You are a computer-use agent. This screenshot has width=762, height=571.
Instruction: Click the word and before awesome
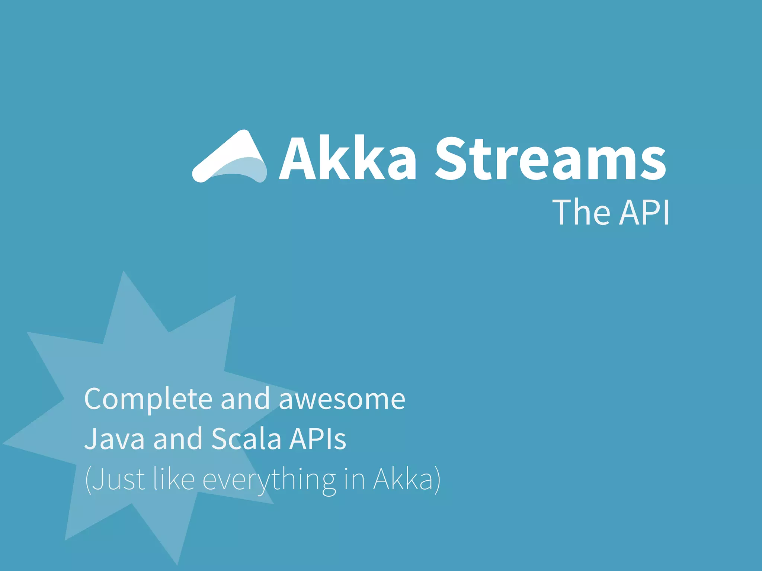(245, 399)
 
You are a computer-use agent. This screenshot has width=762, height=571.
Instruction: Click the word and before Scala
(177, 439)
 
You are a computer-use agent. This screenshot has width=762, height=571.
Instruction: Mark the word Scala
(246, 439)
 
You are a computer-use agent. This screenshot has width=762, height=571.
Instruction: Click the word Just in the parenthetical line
(118, 480)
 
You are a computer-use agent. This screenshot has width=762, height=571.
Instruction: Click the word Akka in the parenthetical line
(404, 480)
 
